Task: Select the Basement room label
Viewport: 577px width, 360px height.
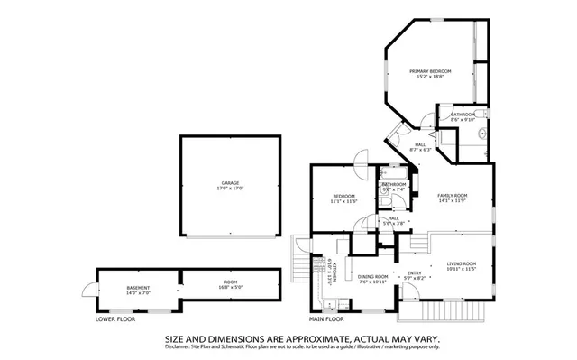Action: click(138, 288)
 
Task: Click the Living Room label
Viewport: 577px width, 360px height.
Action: click(461, 263)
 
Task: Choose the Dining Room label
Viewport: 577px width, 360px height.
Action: click(372, 277)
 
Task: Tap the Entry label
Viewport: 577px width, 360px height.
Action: click(414, 273)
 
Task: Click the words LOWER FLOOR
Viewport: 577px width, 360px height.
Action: click(116, 319)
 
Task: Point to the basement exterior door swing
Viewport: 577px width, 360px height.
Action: click(87, 290)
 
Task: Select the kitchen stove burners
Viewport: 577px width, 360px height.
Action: click(318, 264)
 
